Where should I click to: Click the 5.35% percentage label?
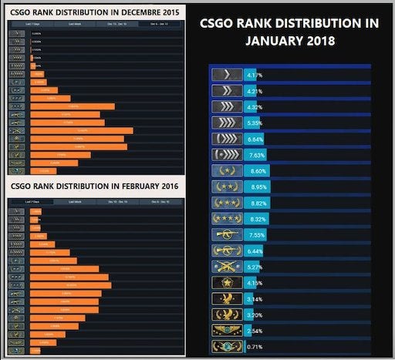point(255,123)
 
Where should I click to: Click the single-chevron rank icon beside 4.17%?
point(227,75)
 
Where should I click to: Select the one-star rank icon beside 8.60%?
point(227,170)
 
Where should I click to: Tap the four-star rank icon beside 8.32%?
point(227,219)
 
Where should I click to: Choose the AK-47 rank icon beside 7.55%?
point(227,234)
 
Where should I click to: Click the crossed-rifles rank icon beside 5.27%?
point(227,267)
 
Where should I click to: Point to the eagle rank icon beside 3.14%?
point(227,298)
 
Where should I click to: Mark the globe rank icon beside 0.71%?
point(227,346)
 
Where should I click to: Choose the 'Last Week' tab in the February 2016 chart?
point(76,201)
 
